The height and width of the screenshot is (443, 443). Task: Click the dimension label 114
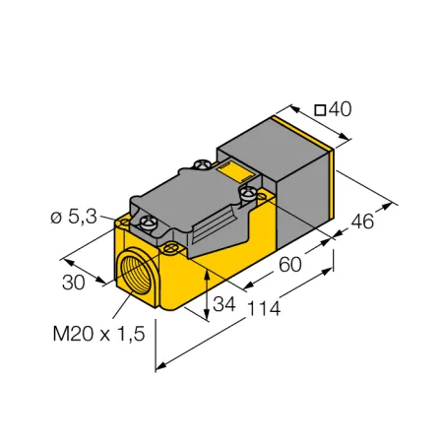[x=264, y=309]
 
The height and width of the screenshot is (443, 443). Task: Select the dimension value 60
[x=290, y=265]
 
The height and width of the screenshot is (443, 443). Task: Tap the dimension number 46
[x=362, y=221]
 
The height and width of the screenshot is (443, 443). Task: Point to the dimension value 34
[x=224, y=304]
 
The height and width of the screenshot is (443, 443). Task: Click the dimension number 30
[x=74, y=283]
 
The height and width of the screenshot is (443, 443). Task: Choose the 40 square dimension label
[x=333, y=109]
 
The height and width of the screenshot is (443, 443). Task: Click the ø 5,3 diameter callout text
[x=74, y=217]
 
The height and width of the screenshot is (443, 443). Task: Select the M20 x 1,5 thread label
[x=98, y=334]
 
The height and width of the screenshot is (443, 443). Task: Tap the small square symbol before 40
[x=320, y=110]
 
